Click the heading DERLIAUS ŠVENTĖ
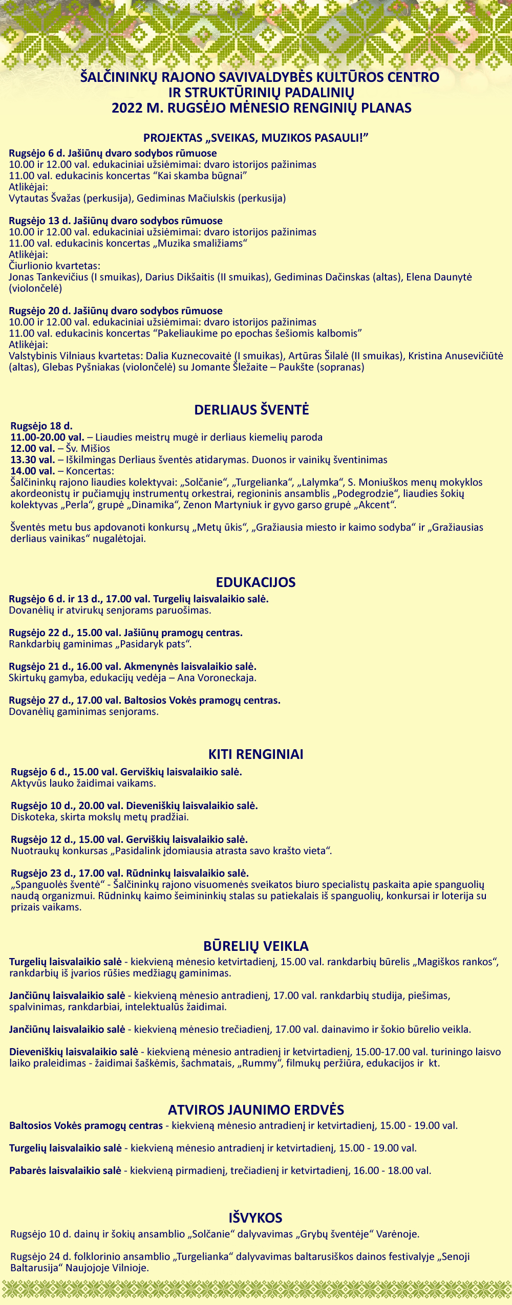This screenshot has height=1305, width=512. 251,410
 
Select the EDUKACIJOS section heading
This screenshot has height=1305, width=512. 255,582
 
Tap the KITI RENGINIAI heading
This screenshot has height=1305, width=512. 255,754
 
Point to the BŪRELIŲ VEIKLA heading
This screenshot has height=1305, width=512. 255,946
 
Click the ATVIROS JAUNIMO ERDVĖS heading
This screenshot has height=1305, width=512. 255,1110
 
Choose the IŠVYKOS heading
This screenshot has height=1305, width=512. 255,1217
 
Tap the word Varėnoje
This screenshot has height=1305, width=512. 397,1234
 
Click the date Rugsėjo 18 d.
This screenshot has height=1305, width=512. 41,426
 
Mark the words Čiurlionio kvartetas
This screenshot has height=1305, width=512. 54,266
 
